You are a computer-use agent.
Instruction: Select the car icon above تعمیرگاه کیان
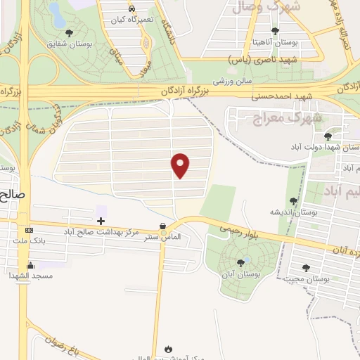pos(132,8)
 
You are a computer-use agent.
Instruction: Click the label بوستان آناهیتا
pos(275,42)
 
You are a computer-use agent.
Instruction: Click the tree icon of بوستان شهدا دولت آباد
pos(328,136)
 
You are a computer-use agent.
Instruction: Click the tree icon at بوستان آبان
pos(241,262)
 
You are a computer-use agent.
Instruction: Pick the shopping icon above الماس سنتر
pos(164,226)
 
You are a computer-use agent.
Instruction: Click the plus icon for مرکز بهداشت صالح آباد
pos(101,221)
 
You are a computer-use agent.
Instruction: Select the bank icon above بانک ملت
pos(28,231)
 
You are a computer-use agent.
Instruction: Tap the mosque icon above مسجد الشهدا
pos(30,265)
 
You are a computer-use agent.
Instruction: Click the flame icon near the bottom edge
pos(168,347)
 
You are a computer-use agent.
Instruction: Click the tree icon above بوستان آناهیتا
pos(275,31)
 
